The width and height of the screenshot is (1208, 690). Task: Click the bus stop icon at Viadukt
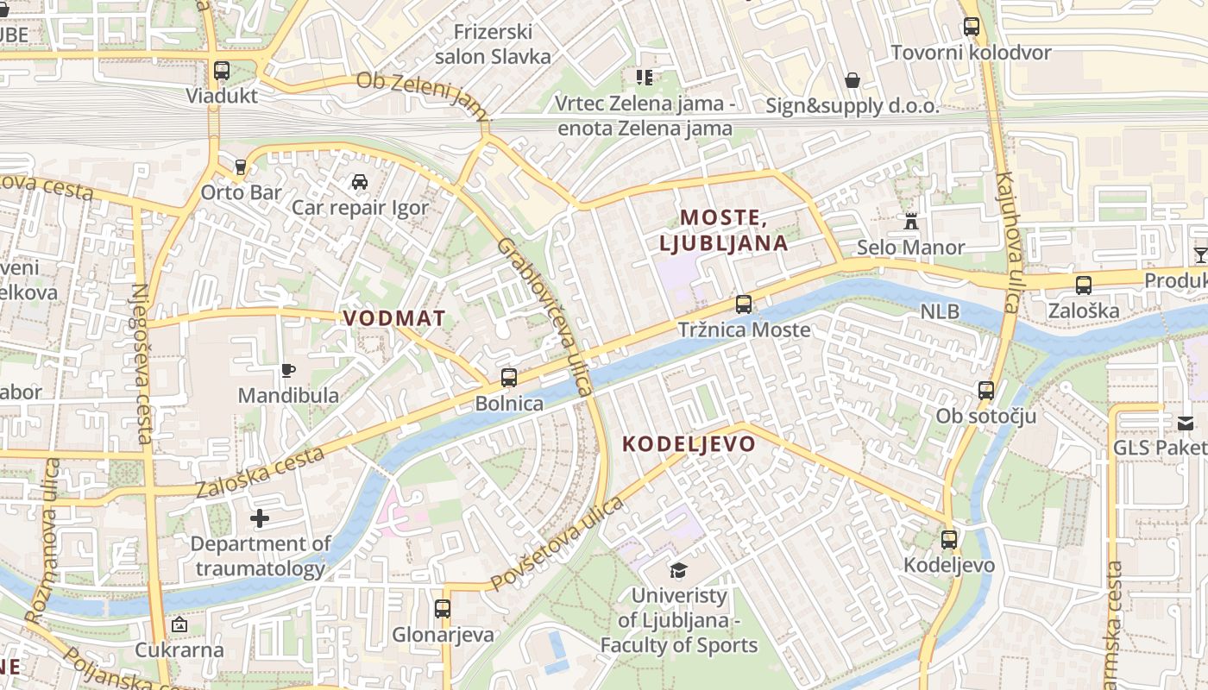(222, 71)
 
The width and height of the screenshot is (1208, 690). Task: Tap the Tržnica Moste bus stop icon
(743, 304)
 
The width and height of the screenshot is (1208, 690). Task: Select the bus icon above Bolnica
(509, 377)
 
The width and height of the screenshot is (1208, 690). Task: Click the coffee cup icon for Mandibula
(288, 370)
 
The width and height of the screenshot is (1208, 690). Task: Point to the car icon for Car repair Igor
(360, 182)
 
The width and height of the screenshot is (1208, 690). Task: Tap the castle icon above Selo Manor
(910, 222)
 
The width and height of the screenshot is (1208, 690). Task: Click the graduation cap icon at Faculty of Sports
(678, 570)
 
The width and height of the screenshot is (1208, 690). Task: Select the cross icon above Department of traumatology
(260, 518)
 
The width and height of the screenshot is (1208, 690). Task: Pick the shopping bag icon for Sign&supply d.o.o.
(853, 80)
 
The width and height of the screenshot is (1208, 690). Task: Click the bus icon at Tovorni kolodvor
(972, 27)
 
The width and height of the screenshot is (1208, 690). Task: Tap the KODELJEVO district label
(689, 444)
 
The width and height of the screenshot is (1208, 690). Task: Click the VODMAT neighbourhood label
(394, 318)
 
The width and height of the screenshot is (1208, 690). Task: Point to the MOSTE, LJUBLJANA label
(724, 230)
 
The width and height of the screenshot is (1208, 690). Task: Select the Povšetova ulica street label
(557, 544)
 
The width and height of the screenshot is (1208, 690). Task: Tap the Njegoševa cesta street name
(142, 362)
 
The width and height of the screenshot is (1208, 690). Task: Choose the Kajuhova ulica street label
(1008, 241)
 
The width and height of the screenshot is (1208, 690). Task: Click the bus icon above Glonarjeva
(443, 609)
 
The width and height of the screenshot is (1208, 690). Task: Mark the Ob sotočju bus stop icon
(986, 391)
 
